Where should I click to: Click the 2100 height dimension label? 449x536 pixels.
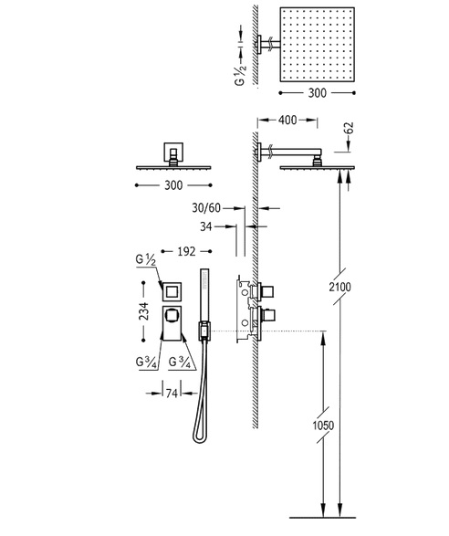[340, 287]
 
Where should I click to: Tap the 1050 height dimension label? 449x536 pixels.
[323, 426]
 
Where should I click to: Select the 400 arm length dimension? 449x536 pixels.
[287, 121]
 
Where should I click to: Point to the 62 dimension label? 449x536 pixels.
[349, 129]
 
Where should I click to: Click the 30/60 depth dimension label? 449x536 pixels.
[206, 208]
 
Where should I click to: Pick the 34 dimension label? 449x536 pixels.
[206, 226]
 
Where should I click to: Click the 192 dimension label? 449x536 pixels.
[186, 252]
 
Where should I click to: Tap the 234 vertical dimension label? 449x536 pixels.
[144, 311]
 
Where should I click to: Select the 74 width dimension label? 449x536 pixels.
[172, 394]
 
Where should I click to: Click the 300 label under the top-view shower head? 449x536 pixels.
[317, 93]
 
